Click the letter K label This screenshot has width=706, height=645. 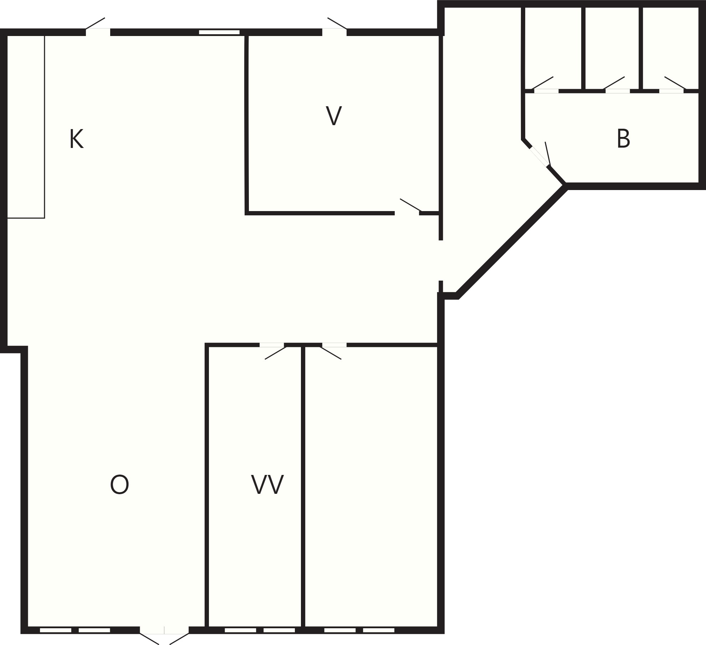tap(77, 139)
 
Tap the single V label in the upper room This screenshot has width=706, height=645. tap(334, 116)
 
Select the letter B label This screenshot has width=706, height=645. tap(623, 138)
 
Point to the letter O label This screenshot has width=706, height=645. tap(119, 484)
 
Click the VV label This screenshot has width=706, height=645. tap(267, 484)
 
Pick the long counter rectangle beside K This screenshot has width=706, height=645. tap(26, 127)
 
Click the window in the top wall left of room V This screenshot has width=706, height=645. tap(219, 32)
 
